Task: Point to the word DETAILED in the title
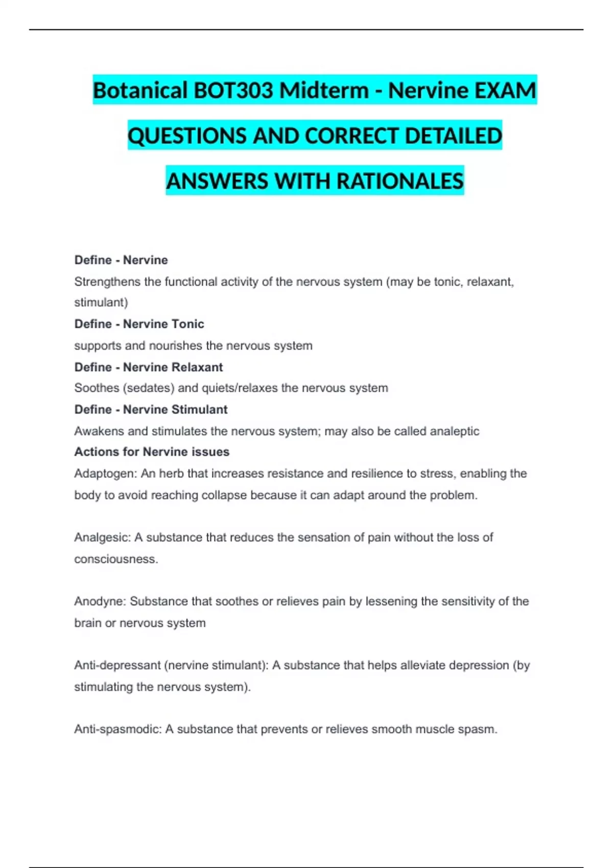(x=453, y=136)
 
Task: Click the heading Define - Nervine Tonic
(x=139, y=324)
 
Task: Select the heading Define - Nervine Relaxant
(x=148, y=367)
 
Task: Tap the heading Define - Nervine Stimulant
(x=151, y=409)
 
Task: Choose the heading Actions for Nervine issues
(x=152, y=452)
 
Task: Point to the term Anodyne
(x=100, y=601)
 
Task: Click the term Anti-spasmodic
(x=117, y=729)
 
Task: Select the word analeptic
(x=454, y=431)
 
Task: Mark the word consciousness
(x=115, y=559)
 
